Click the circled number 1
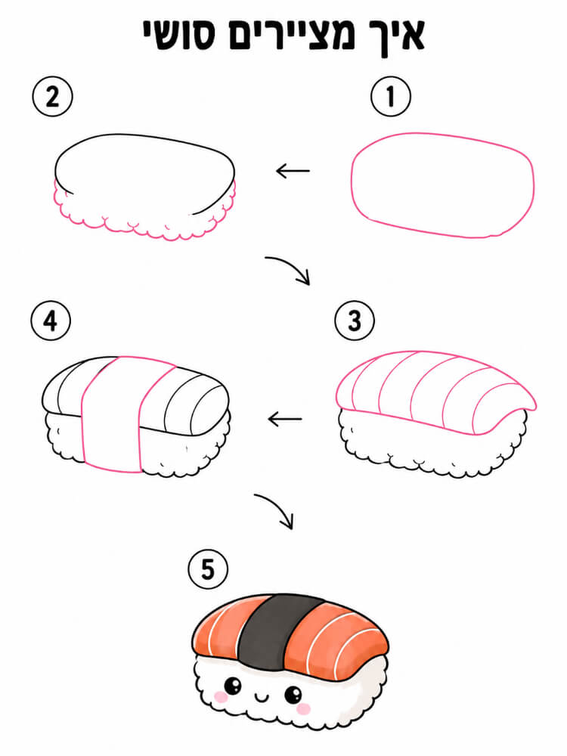391,97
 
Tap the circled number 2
53,97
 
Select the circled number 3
355,321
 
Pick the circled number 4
51,321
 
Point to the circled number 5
208,569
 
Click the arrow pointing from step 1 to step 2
293,171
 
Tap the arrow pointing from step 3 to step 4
285,419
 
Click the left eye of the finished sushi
233,685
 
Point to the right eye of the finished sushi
293,695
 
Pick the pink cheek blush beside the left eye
220,696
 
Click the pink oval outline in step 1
352,186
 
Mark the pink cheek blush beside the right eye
303,708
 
